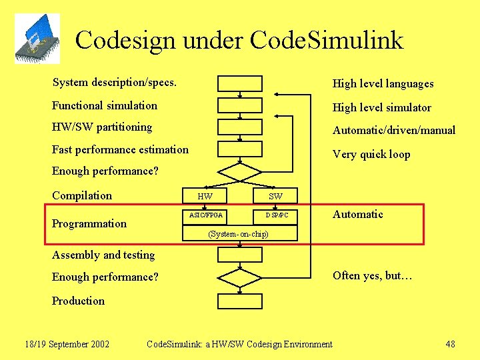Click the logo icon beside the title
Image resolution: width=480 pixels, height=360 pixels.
[x=37, y=38]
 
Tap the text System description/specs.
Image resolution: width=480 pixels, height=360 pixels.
[x=115, y=83]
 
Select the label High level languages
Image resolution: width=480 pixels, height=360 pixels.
[x=383, y=83]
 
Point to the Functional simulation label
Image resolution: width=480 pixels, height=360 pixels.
[x=105, y=105]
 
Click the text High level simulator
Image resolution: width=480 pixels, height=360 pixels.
[x=381, y=107]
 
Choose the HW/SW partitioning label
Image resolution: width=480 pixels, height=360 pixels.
[x=102, y=127]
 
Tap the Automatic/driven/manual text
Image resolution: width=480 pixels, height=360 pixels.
[x=394, y=130]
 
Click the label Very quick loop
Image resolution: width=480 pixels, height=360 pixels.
[x=371, y=154]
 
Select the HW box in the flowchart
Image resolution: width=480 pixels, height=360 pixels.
[x=205, y=196]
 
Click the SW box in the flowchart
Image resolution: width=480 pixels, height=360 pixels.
[x=275, y=196]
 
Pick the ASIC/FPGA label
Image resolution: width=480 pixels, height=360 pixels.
[x=206, y=215]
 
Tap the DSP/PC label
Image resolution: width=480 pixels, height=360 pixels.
[x=277, y=215]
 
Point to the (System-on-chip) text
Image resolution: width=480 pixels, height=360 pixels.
[x=238, y=234]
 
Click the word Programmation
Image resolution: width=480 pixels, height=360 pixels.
[x=89, y=223]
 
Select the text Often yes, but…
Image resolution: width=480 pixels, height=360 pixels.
[x=373, y=275]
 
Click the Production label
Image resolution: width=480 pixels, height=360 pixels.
[x=78, y=301]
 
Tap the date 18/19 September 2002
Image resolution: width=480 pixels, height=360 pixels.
[x=67, y=344]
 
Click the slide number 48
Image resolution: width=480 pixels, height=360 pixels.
[x=450, y=344]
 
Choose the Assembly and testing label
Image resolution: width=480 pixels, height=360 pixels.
[x=103, y=255]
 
